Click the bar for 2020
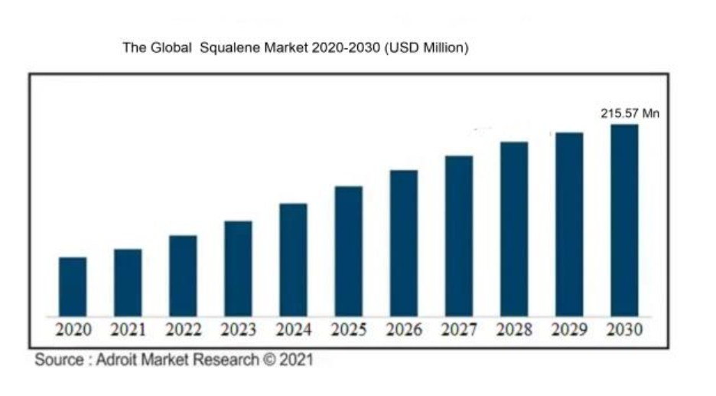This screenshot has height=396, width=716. tap(73, 286)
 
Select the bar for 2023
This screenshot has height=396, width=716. tap(238, 268)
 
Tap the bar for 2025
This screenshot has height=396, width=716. tap(348, 251)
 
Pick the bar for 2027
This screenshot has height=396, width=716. tap(458, 236)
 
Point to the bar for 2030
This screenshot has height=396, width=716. tap(623, 220)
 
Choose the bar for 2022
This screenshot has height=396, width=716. tap(183, 276)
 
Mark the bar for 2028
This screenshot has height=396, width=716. tap(514, 228)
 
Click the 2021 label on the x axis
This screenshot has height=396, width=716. tap(128, 330)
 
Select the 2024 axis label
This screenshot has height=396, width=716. tap(293, 330)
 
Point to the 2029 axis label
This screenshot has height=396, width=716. tap(569, 330)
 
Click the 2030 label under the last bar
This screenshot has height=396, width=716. tap(624, 330)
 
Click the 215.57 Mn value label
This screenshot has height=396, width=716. tap(630, 113)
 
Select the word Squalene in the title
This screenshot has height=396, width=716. tap(234, 48)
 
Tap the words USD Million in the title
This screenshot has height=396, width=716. tap(427, 48)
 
